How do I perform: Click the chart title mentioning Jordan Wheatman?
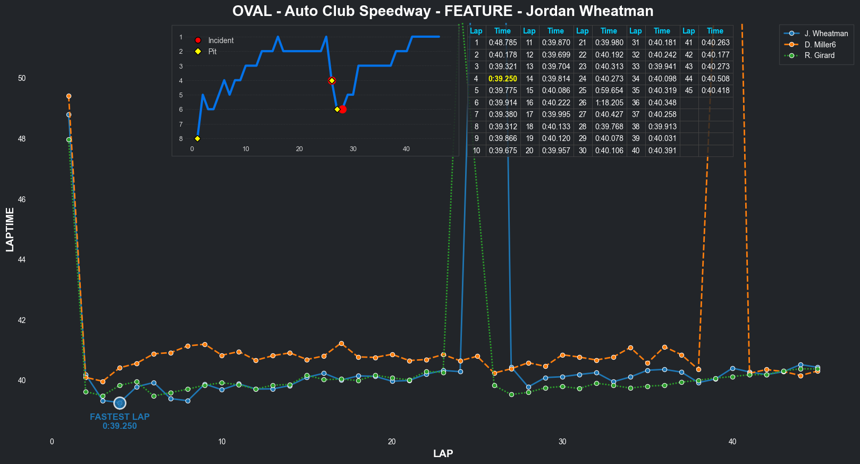[443, 11]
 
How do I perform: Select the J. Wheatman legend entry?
[826, 34]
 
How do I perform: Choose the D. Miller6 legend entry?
[820, 45]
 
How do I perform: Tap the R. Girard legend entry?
[819, 55]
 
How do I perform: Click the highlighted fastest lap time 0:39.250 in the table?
[502, 79]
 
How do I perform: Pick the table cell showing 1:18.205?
[609, 103]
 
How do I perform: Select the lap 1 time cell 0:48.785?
[502, 43]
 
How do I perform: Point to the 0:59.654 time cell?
[609, 90]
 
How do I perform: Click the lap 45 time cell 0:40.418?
[715, 90]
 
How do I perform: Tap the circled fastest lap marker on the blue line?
[120, 403]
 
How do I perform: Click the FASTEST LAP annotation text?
[120, 417]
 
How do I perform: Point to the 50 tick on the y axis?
[22, 78]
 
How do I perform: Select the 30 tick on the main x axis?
[562, 442]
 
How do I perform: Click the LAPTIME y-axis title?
[10, 230]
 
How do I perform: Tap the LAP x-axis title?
[443, 454]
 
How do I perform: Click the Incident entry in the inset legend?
[221, 40]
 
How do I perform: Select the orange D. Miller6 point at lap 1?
[69, 96]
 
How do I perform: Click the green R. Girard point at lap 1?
[69, 140]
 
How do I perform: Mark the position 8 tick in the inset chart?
[181, 139]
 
